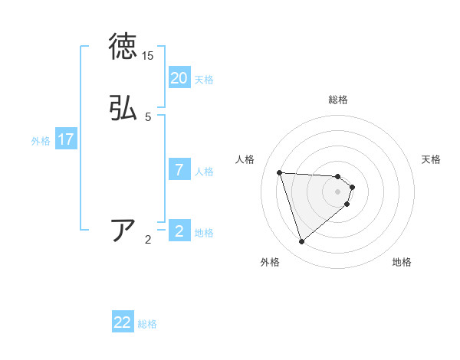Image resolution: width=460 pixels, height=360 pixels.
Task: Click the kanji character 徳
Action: coord(123,47)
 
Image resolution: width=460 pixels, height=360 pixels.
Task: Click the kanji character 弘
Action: coord(123,108)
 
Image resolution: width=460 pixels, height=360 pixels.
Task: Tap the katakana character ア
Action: coord(123,230)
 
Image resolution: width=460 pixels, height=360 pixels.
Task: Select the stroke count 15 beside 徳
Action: coord(148,56)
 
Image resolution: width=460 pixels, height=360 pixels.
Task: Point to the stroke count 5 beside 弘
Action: coord(148,117)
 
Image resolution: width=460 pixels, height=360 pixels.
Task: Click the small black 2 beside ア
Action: coord(148,240)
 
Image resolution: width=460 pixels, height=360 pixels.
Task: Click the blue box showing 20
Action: coord(179,77)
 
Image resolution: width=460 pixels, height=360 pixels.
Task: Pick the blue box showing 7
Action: coord(179,169)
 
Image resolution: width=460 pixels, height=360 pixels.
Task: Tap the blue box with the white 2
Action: coord(179,231)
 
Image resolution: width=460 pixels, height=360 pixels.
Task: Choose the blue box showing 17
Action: coord(66,139)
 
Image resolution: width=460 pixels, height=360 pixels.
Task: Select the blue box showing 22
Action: coord(123,322)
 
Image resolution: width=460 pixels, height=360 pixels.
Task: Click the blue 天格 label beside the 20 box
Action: coord(204,80)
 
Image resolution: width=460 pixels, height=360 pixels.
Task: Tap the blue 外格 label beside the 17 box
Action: coord(41,142)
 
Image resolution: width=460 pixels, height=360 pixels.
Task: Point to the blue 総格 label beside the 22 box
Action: coord(147,325)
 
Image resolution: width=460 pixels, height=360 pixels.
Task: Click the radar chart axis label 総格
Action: coord(338,100)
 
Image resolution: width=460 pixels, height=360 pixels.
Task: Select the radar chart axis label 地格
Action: coord(402,263)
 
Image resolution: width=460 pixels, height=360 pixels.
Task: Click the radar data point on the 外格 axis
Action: coord(302,242)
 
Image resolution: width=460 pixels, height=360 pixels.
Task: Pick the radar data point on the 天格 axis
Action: coord(352,187)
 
